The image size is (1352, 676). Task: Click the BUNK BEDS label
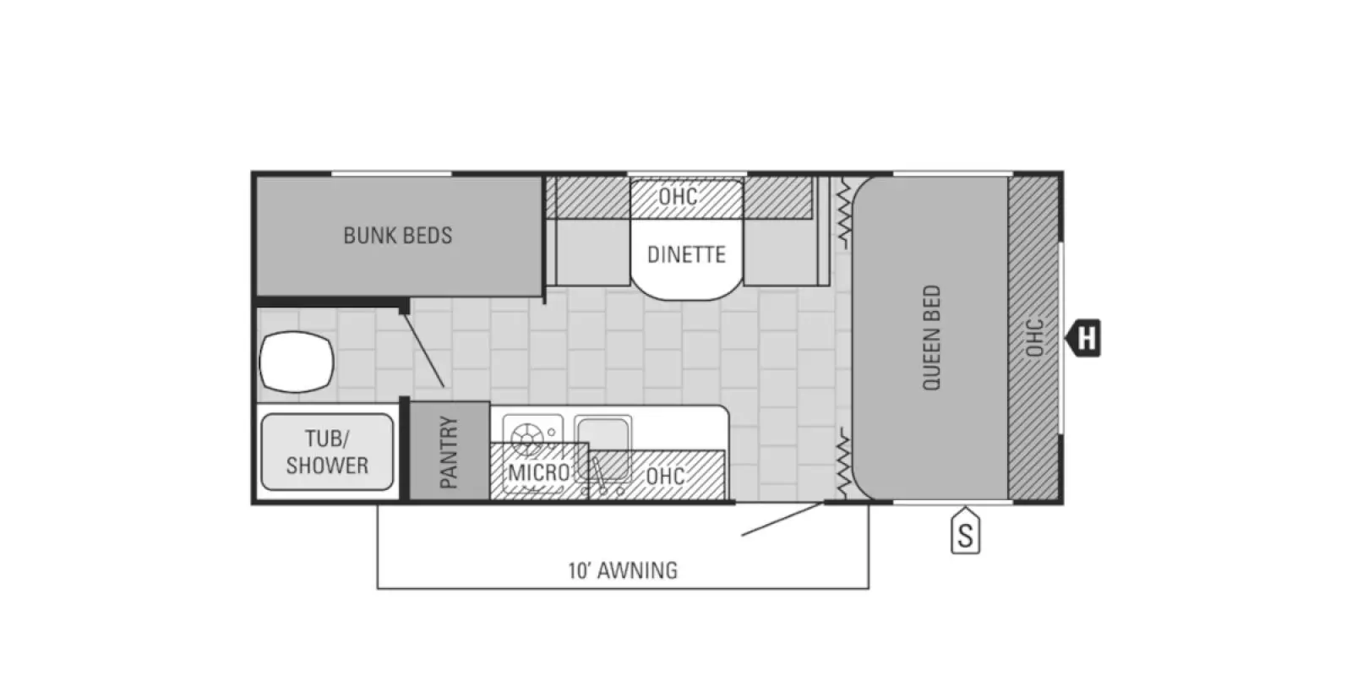point(397,235)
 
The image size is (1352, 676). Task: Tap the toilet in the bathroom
point(296,362)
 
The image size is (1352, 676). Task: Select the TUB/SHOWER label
point(327,452)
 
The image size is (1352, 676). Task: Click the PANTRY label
point(449,452)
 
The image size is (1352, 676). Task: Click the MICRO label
point(538,472)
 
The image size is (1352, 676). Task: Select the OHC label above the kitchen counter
point(665,476)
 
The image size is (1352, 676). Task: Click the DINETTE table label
point(686,254)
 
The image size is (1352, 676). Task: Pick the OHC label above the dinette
point(678,196)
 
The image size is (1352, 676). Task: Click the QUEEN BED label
point(931,338)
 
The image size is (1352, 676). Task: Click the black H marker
point(1084,339)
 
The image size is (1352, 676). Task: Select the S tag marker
point(965,534)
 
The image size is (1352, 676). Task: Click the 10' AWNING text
point(623,570)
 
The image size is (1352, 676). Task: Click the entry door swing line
point(782,519)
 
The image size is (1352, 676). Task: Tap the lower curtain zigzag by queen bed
point(842,463)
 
